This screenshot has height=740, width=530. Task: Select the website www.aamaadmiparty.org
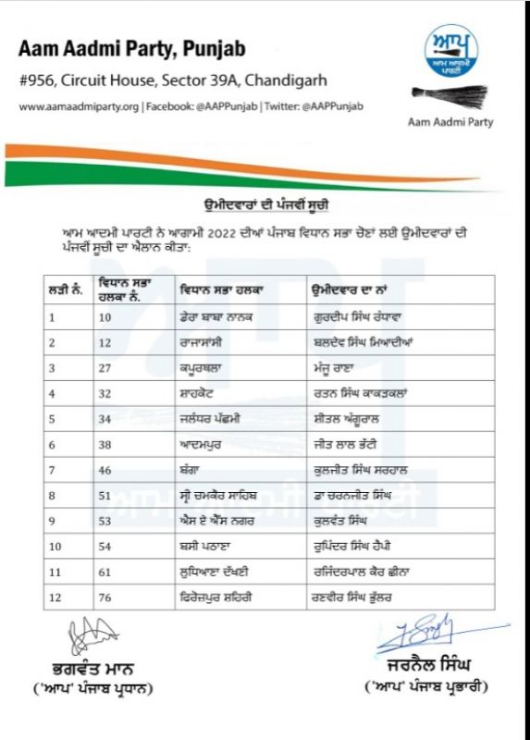(80, 106)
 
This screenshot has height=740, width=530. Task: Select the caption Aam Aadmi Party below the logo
(450, 122)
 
